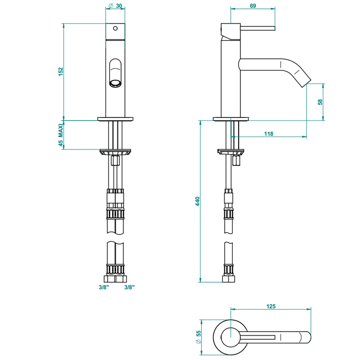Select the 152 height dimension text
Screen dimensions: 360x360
tap(61, 71)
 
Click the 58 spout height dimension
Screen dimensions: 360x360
tap(320, 102)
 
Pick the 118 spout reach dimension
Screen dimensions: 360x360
tap(268, 134)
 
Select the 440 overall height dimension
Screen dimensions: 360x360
tap(197, 202)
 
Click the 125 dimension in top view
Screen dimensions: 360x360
tap(271, 306)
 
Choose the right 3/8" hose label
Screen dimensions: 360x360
tap(129, 287)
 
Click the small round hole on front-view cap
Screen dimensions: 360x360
tap(115, 28)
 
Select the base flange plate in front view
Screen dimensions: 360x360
tap(115, 119)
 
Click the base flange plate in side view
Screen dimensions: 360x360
tap(230, 119)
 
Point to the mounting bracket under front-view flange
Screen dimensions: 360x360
tap(115, 152)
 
